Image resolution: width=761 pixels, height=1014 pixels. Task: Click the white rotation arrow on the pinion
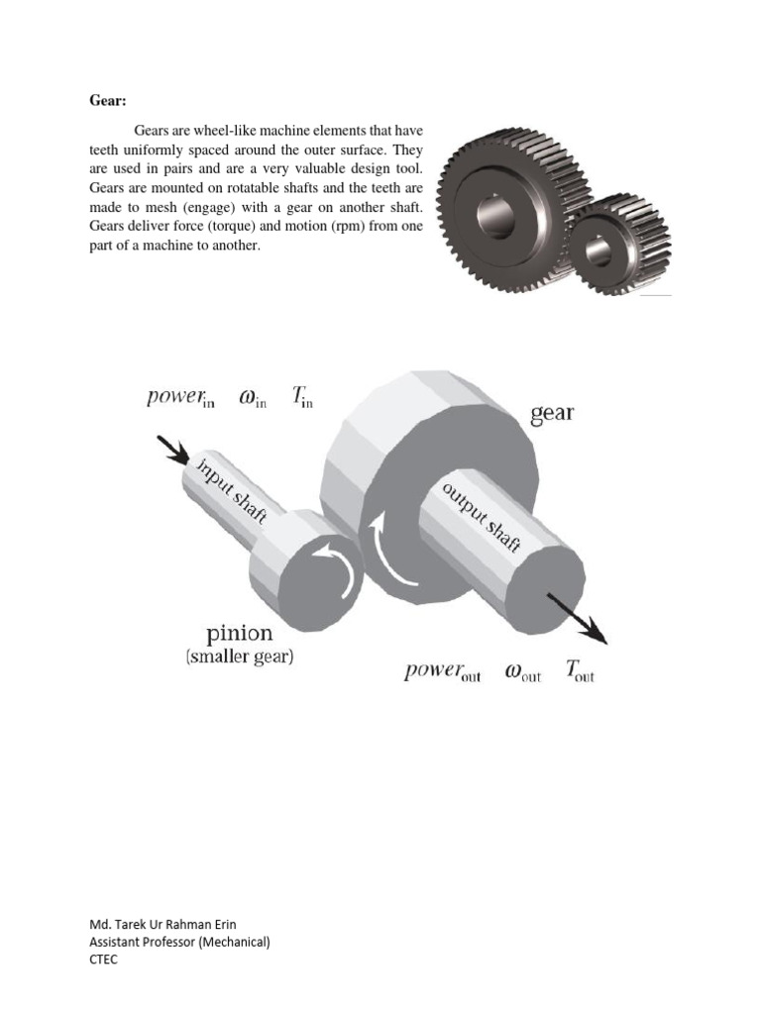pyautogui.click(x=331, y=573)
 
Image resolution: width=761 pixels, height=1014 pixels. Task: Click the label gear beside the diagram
pyautogui.click(x=552, y=413)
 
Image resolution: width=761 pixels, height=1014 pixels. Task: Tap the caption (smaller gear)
pyautogui.click(x=239, y=656)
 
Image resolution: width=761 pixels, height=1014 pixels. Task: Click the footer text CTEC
pyautogui.click(x=103, y=960)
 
